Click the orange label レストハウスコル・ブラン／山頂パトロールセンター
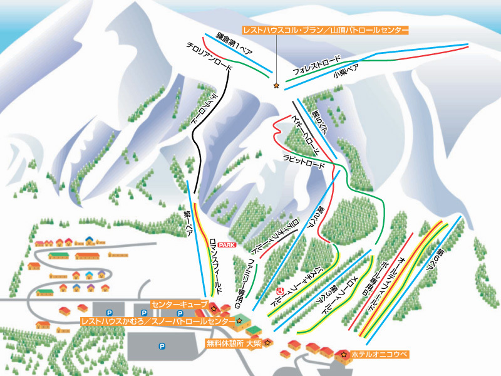coord(326,30)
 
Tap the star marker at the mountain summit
coord(276,85)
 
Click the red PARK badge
coord(227,245)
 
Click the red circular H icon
coord(280,290)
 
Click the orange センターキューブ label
coord(179,302)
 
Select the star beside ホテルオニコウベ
coord(343,355)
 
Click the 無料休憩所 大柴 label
coord(234,343)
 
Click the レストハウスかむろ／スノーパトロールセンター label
coord(157,321)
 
